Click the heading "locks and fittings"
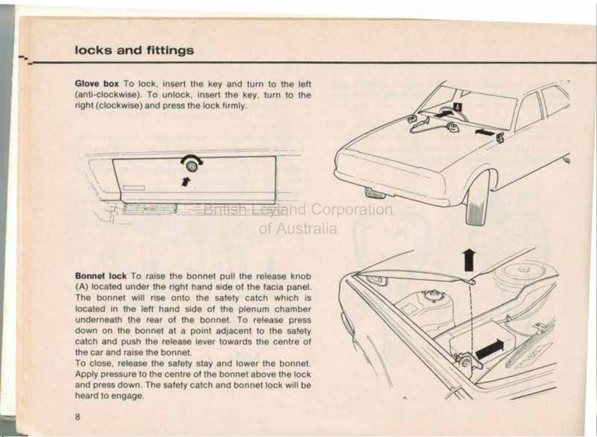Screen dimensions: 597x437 tap(134, 50)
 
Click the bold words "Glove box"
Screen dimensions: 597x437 tap(97, 84)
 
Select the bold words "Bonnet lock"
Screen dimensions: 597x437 tap(101, 276)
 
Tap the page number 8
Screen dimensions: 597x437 tap(78, 417)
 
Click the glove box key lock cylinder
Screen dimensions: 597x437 tap(191, 166)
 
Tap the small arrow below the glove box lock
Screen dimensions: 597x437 tap(186, 182)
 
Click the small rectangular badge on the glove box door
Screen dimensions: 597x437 tap(133, 188)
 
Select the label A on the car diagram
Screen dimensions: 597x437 tap(458, 107)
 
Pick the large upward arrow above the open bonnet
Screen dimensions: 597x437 tap(469, 260)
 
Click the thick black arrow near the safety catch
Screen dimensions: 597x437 tap(490, 349)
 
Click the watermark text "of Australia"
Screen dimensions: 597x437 tap(298, 229)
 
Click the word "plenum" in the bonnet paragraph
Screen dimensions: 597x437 tap(253, 309)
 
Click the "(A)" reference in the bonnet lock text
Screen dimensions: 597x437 tap(80, 287)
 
